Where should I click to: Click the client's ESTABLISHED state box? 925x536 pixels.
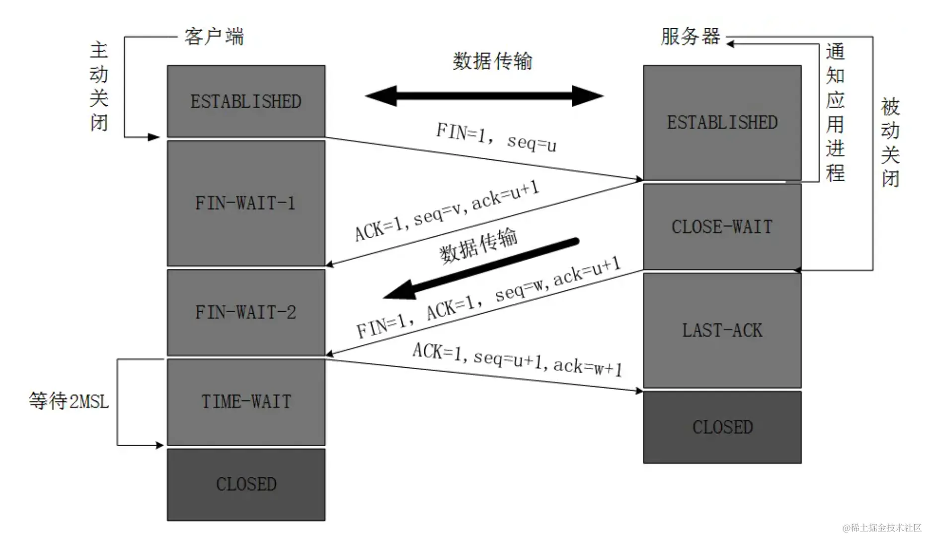coord(246,101)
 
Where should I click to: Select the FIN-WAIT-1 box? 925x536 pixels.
coord(246,203)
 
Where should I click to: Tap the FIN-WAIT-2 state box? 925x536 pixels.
coord(246,312)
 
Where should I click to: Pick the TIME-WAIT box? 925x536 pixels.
coord(246,402)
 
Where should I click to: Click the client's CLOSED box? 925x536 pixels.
coord(246,484)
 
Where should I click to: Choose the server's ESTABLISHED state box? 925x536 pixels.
coord(722,123)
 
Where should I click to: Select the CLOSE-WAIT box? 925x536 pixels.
coord(722,227)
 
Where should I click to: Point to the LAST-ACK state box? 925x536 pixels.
coord(722,330)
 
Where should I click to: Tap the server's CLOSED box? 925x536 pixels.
coord(722,427)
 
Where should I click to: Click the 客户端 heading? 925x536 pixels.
coord(214,37)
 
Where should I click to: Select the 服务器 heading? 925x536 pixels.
coord(690,37)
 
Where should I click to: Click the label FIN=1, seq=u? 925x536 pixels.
coord(496,137)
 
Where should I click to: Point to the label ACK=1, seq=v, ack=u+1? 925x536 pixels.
coord(447,210)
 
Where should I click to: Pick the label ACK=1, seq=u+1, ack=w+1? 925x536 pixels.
coord(517,359)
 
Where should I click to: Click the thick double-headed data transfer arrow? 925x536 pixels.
coord(484,96)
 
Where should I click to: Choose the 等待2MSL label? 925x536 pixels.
coord(69,401)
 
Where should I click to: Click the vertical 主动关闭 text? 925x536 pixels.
coord(99,86)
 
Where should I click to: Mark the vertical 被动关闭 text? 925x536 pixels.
coord(890,142)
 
